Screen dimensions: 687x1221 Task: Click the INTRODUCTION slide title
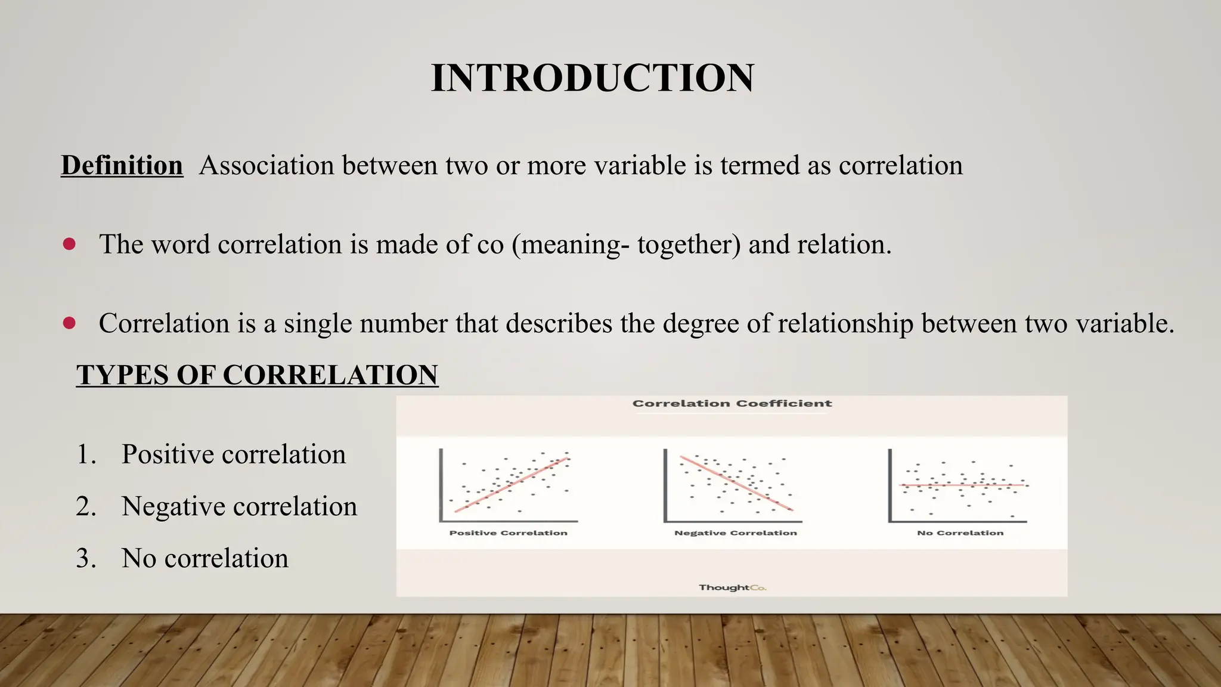click(x=592, y=78)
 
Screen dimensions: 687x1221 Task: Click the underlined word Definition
click(x=122, y=165)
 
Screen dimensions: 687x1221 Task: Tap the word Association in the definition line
click(x=266, y=165)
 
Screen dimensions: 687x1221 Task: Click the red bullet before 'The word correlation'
click(x=69, y=244)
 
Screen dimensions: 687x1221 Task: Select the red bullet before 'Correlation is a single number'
click(x=69, y=323)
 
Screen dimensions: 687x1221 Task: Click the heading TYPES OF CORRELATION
click(x=257, y=375)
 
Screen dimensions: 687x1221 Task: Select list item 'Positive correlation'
click(x=233, y=454)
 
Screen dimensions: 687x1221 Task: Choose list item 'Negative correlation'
click(x=239, y=506)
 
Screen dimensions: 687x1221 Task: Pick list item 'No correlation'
click(x=204, y=558)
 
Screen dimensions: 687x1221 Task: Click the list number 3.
click(x=85, y=558)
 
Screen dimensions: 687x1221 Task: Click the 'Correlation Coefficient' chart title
click(x=732, y=404)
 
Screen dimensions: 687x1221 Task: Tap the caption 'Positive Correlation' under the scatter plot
click(x=508, y=533)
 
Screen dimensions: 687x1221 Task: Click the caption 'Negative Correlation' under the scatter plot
click(x=735, y=533)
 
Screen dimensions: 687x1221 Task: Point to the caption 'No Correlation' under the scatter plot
click(x=960, y=533)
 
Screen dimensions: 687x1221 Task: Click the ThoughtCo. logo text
click(x=732, y=587)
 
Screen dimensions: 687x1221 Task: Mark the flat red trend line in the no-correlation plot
click(x=978, y=485)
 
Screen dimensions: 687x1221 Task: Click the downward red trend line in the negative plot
click(x=736, y=483)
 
